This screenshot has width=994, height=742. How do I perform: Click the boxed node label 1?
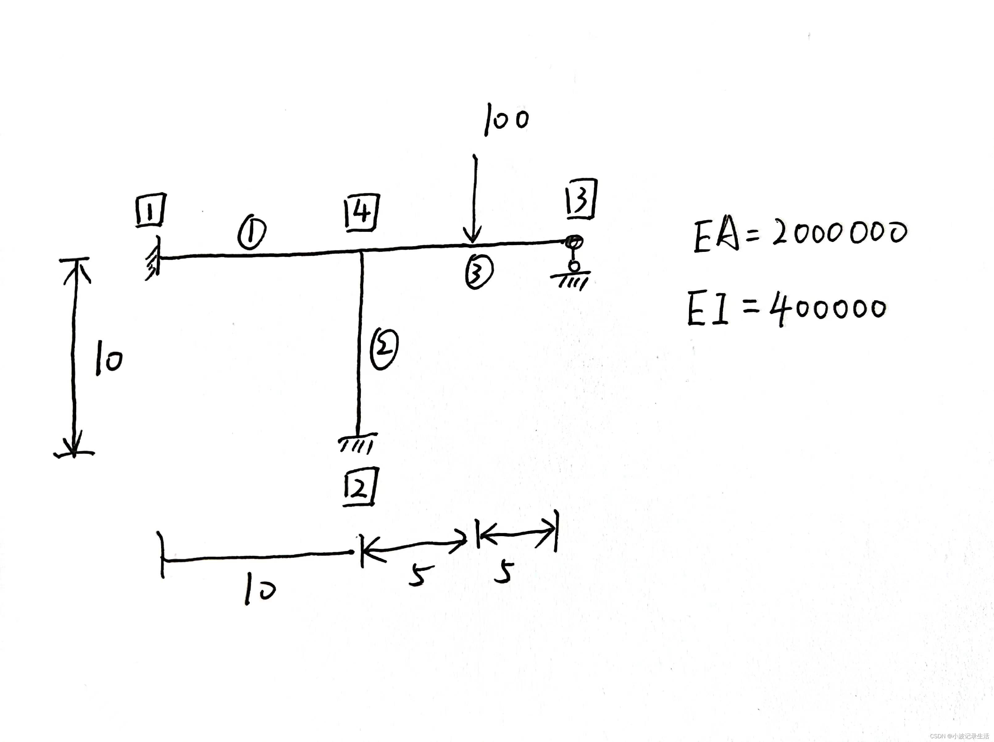pyautogui.click(x=151, y=210)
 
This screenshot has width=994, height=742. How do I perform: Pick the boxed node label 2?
pyautogui.click(x=360, y=487)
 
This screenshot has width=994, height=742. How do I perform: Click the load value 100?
pyautogui.click(x=506, y=119)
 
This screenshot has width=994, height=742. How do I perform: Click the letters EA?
pyautogui.click(x=715, y=236)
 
